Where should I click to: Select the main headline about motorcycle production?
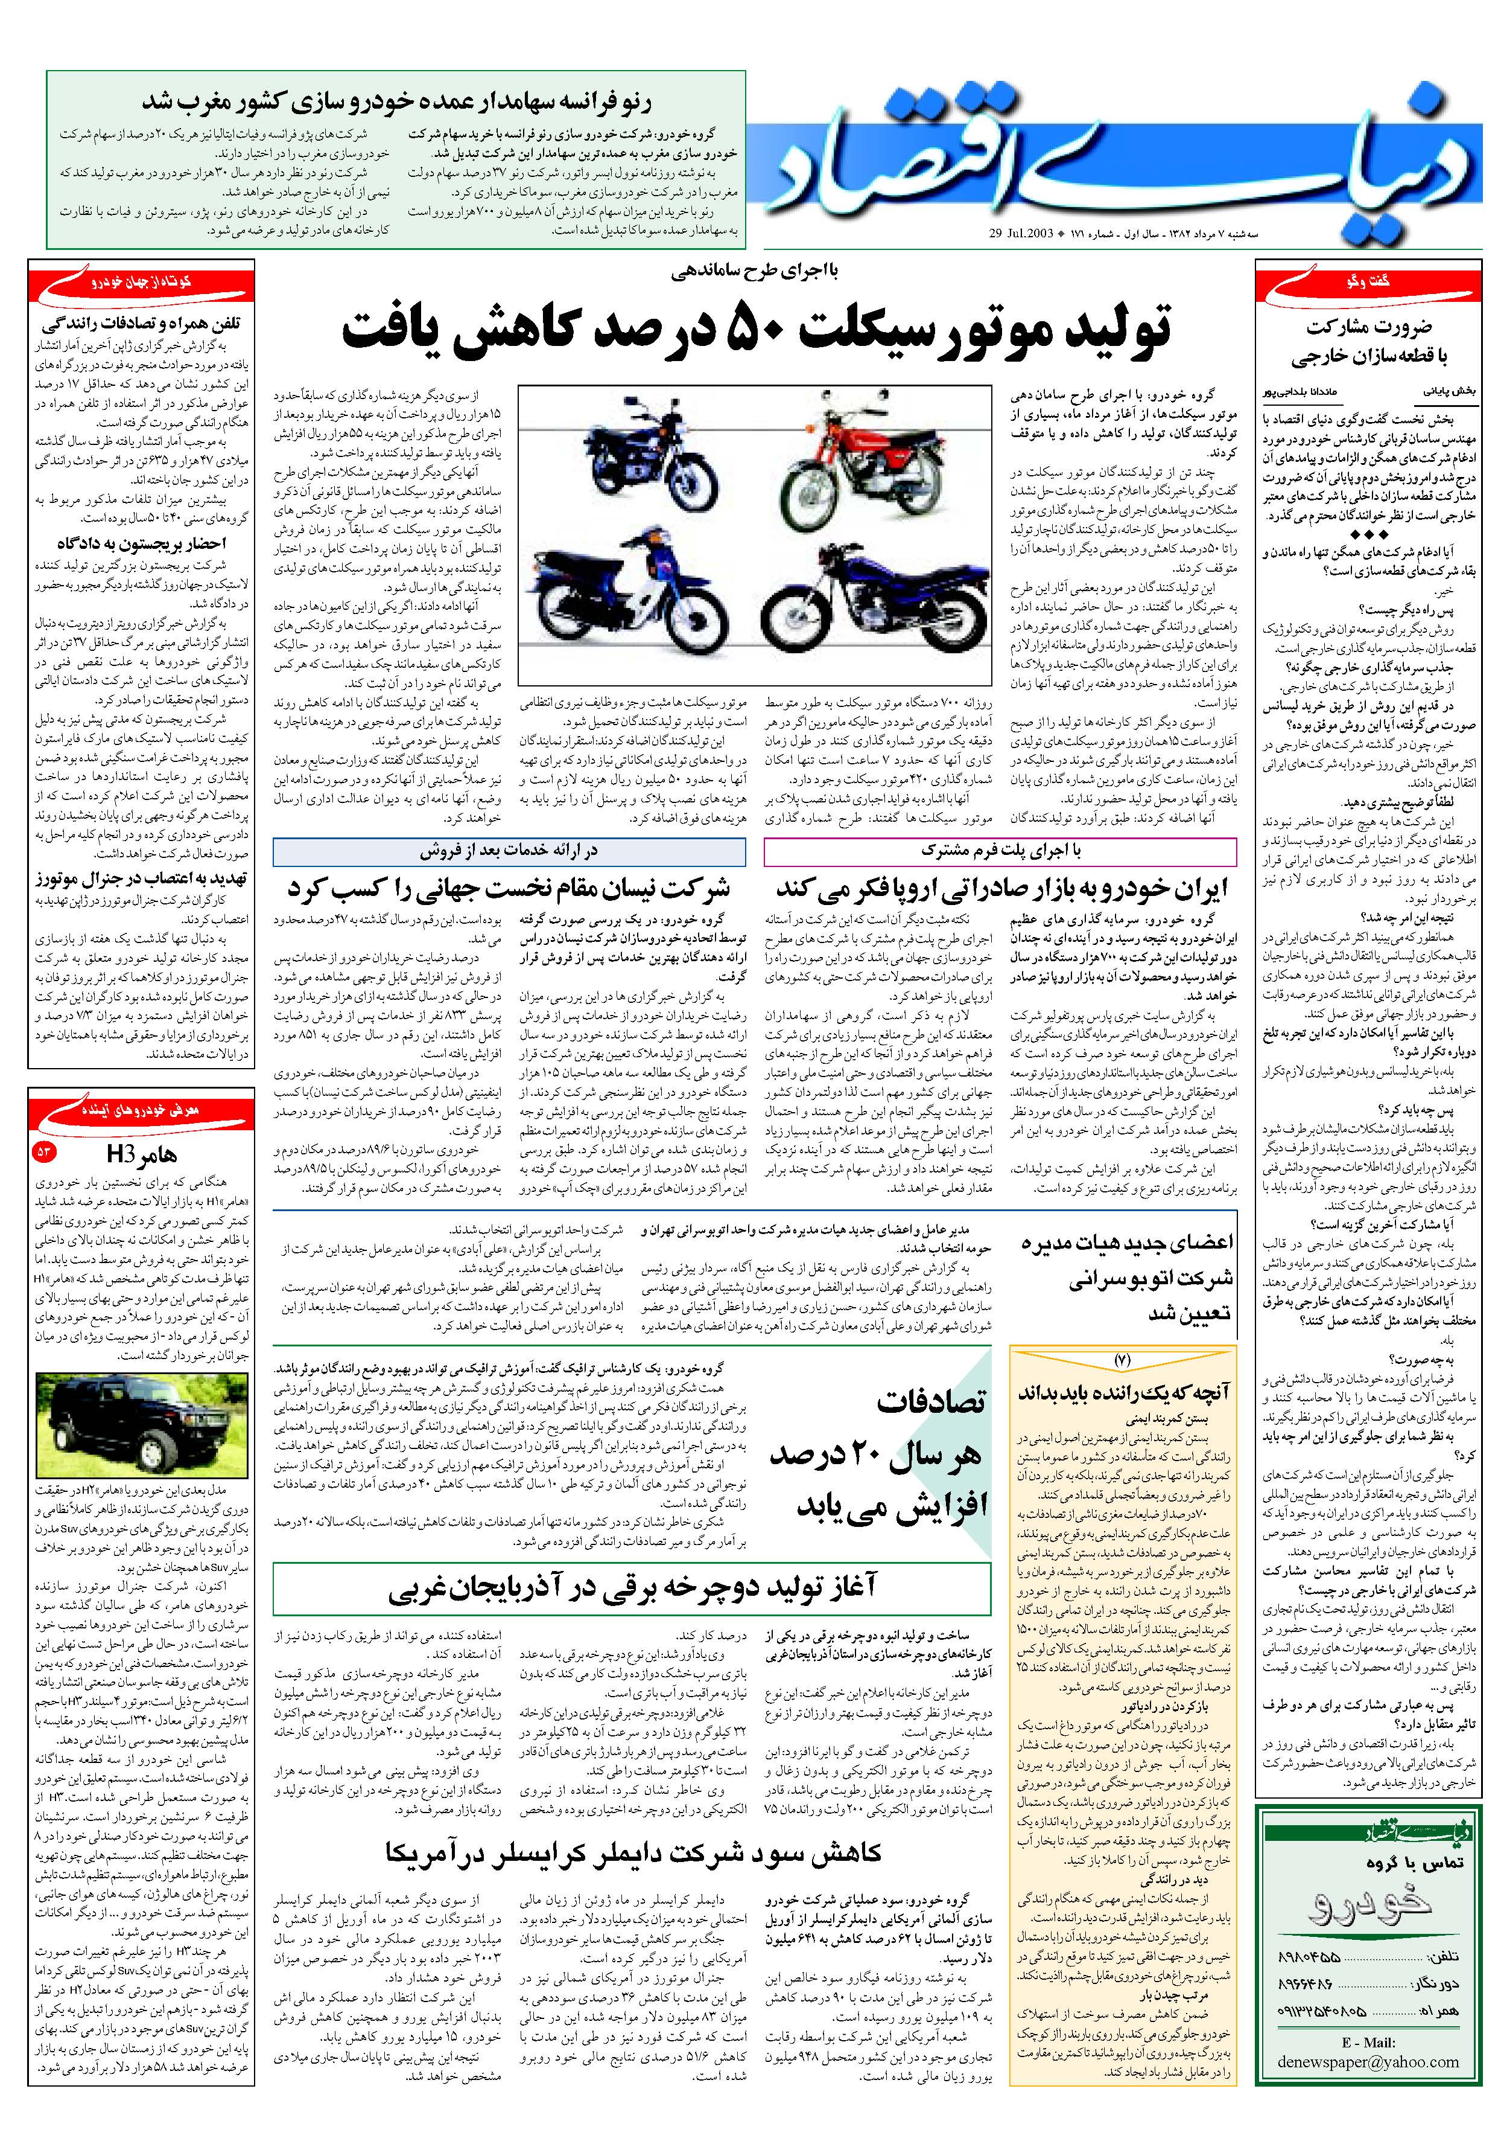point(756,327)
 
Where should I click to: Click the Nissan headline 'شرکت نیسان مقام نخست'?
point(509,886)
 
